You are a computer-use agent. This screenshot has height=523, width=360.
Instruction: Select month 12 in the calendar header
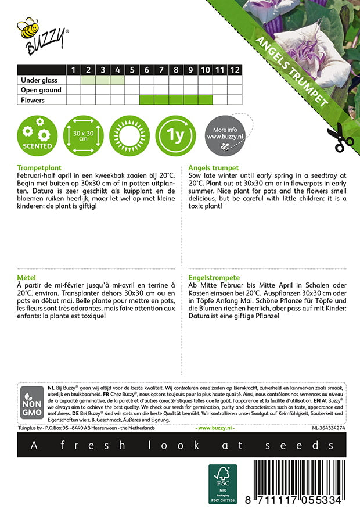(234, 70)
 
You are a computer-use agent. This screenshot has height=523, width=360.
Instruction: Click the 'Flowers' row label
(33, 100)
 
